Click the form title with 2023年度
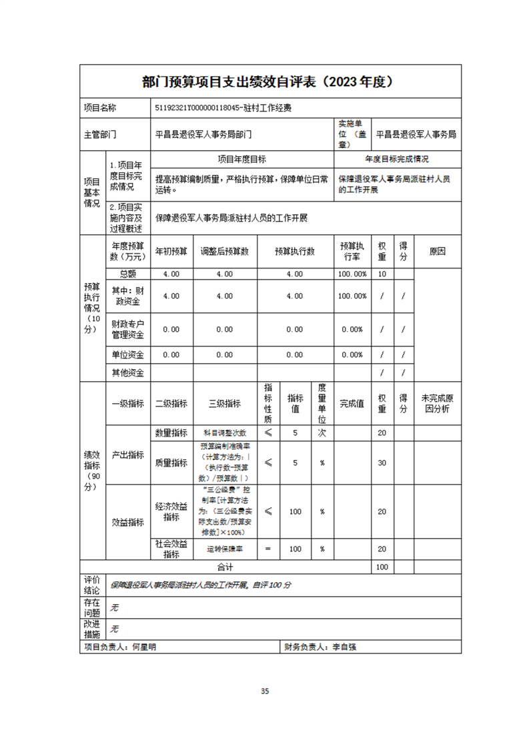pyautogui.click(x=270, y=81)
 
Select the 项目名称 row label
pyautogui.click(x=99, y=107)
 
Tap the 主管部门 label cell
pyautogui.click(x=100, y=134)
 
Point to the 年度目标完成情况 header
pyautogui.click(x=396, y=160)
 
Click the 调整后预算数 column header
pyautogui.click(x=224, y=252)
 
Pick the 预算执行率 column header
pyautogui.click(x=352, y=252)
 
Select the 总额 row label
pyautogui.click(x=127, y=274)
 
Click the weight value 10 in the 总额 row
pyautogui.click(x=382, y=274)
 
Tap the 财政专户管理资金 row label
pyautogui.click(x=127, y=329)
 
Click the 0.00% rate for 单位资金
pyautogui.click(x=352, y=354)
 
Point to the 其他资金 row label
pyautogui.click(x=127, y=372)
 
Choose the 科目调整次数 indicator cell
pyautogui.click(x=224, y=433)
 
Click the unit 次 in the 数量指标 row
pyautogui.click(x=322, y=433)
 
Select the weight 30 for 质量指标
pyautogui.click(x=382, y=463)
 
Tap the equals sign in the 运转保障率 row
pyautogui.click(x=268, y=549)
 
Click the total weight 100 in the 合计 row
pyautogui.click(x=382, y=567)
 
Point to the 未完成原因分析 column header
pyautogui.click(x=437, y=403)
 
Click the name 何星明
pyautogui.click(x=145, y=647)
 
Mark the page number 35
pyautogui.click(x=265, y=691)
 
